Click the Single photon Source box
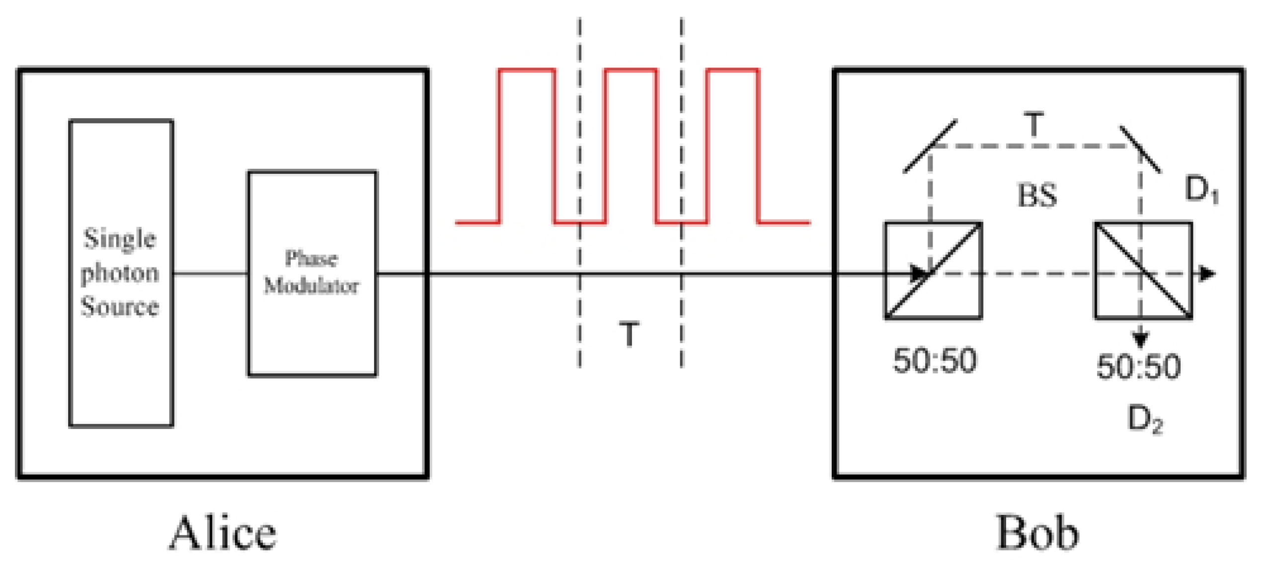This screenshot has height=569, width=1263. (x=121, y=273)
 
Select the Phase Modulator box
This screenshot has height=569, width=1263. (x=312, y=273)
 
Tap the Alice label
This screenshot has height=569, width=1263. (x=223, y=533)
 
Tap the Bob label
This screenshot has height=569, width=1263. (x=1037, y=533)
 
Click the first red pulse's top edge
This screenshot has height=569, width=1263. (x=527, y=70)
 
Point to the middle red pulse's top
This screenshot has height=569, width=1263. (x=631, y=70)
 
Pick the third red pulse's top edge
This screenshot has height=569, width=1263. (x=733, y=70)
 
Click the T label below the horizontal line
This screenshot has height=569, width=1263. (x=629, y=334)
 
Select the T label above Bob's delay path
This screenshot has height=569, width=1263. (x=1034, y=124)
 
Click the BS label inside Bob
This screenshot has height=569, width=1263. (x=1037, y=195)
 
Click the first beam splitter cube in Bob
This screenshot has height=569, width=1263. (x=933, y=271)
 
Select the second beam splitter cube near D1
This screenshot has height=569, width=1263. (x=1143, y=271)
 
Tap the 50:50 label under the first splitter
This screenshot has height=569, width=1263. (x=935, y=360)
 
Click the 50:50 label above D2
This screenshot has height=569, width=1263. (x=1138, y=366)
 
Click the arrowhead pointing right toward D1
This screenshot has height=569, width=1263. (x=1207, y=274)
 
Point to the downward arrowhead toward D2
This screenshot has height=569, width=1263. (x=1140, y=340)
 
